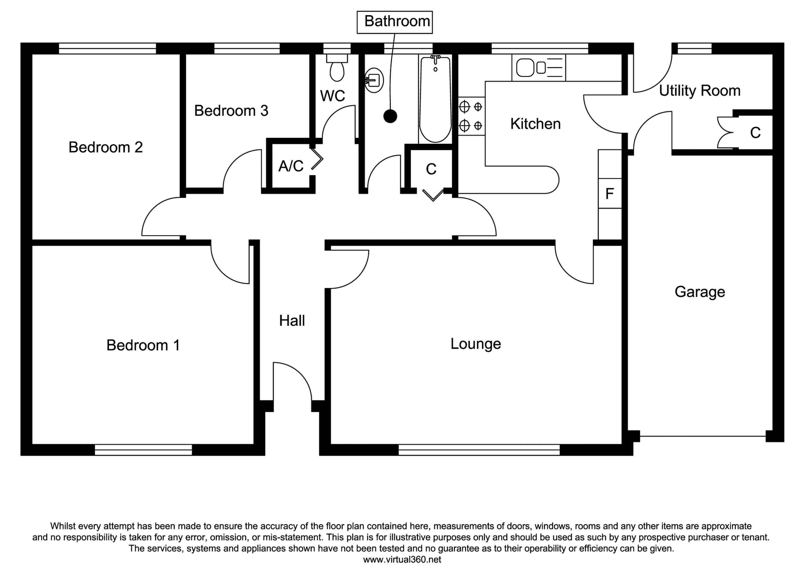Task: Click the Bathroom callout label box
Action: [x=394, y=22]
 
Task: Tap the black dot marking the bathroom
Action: [x=390, y=116]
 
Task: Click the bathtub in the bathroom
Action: [x=435, y=99]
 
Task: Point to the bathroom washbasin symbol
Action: [x=374, y=80]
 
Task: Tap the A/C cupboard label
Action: [x=291, y=166]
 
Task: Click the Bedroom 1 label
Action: [x=143, y=345]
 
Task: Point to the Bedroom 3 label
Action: [x=231, y=111]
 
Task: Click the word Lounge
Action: [x=475, y=343]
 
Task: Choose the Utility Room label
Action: [x=699, y=90]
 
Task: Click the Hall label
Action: [x=291, y=321]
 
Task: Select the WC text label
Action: [x=332, y=96]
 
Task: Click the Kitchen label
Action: [x=535, y=124]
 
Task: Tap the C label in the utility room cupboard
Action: [x=755, y=133]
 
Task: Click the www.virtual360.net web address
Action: [x=402, y=560]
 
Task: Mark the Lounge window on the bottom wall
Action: [x=479, y=449]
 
